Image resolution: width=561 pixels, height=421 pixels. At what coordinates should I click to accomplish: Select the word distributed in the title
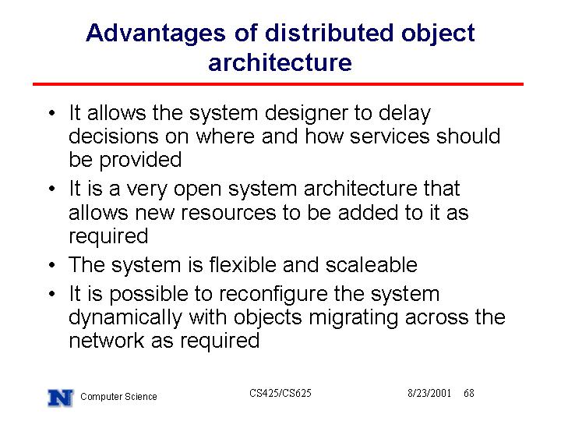329,33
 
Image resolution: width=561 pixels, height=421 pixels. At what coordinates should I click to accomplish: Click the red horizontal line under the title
278,84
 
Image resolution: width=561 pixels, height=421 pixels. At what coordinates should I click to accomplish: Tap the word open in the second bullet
197,190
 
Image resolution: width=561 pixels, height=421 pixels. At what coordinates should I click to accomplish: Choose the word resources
228,213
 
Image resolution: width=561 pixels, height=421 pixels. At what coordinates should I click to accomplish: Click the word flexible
242,265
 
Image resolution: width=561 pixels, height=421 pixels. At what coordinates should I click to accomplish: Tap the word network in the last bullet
106,340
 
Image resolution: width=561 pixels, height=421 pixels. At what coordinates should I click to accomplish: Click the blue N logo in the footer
61,398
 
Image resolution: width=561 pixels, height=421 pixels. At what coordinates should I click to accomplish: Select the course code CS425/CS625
280,394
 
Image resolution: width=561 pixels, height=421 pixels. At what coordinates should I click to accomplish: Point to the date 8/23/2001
429,394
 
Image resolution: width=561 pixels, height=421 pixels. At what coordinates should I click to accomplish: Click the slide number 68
469,394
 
